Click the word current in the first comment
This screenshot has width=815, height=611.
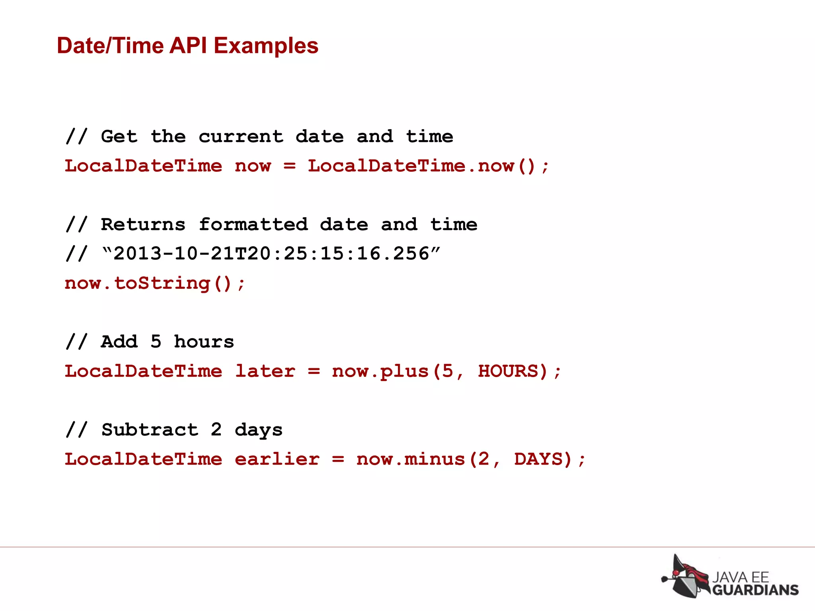pyautogui.click(x=241, y=136)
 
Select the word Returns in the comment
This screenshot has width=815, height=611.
pyautogui.click(x=143, y=224)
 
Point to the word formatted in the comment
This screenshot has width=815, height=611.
pyautogui.click(x=253, y=224)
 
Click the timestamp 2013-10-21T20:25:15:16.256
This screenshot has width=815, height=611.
pyautogui.click(x=271, y=254)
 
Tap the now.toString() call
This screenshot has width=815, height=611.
pyautogui.click(x=154, y=283)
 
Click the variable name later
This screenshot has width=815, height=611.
pyautogui.click(x=265, y=371)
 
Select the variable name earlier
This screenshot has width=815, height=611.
pyautogui.click(x=277, y=459)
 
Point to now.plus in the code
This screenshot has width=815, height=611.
pyautogui.click(x=380, y=371)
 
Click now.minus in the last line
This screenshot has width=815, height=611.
pyautogui.click(x=410, y=459)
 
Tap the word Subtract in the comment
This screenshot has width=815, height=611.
pyautogui.click(x=150, y=430)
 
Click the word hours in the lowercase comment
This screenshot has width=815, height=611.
pyautogui.click(x=204, y=342)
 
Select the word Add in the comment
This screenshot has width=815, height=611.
pyautogui.click(x=119, y=342)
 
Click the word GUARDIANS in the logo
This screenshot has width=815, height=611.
pyautogui.click(x=755, y=590)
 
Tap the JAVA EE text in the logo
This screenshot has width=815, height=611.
pyautogui.click(x=740, y=577)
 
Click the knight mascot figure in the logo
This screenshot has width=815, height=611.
pyautogui.click(x=685, y=576)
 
